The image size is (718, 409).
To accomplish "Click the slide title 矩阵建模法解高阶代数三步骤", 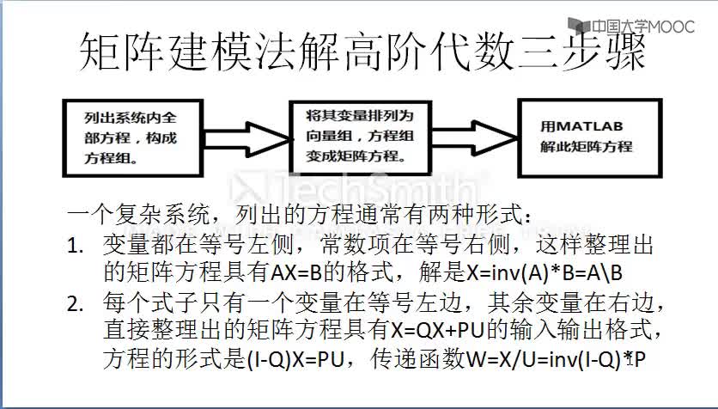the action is tap(362, 52).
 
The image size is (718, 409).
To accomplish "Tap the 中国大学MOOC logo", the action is tap(631, 26).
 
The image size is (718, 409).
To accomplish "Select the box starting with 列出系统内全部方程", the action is tap(133, 137).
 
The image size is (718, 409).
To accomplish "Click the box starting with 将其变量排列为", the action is tap(361, 137).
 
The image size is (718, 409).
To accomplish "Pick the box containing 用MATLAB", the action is tap(590, 137).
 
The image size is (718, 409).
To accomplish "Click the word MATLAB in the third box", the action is tap(589, 126).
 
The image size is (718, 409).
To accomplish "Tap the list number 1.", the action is tap(75, 247).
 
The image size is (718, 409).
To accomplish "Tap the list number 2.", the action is tap(75, 304).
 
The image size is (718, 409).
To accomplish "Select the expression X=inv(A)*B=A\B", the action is tap(545, 273).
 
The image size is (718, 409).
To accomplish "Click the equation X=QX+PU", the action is tap(438, 330).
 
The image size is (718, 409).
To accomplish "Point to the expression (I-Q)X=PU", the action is tap(295, 360).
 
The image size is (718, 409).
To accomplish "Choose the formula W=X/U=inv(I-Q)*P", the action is tap(556, 360).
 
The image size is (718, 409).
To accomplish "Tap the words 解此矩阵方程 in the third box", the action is tap(586, 147).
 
